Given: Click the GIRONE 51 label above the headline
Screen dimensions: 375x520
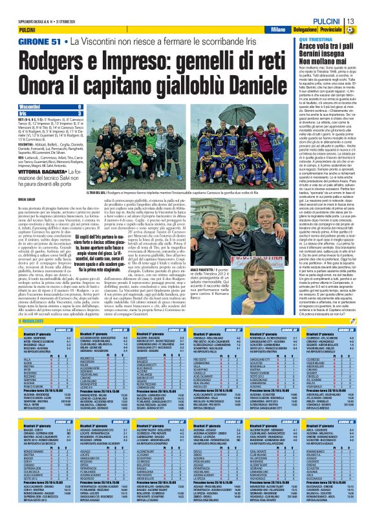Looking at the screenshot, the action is (39, 41).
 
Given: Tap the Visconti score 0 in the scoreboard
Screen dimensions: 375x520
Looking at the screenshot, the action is (79, 105).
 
